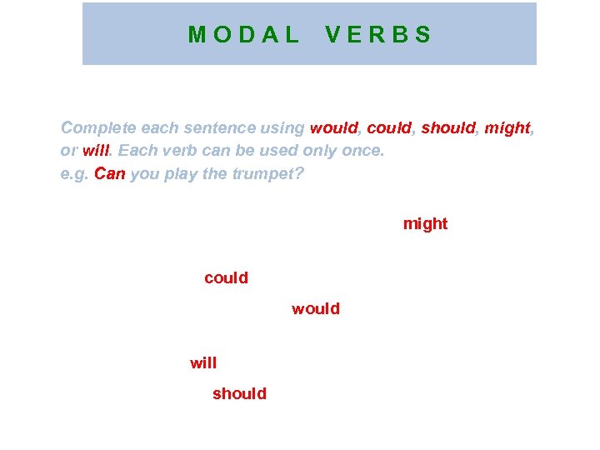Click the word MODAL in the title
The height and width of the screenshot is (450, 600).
click(243, 35)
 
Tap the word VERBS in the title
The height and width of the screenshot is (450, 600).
click(378, 35)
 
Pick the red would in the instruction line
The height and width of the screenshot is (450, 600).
click(333, 128)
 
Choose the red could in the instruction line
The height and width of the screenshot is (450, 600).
click(389, 128)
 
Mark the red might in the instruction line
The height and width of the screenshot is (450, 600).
click(507, 128)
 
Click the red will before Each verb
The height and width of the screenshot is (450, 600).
click(96, 151)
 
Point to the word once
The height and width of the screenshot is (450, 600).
click(364, 151)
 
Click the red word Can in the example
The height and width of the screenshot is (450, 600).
click(109, 173)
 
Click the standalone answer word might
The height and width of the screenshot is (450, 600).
click(425, 223)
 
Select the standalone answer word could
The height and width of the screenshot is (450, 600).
click(226, 277)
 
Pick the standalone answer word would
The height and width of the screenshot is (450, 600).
click(316, 308)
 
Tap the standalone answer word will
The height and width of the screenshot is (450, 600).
click(203, 362)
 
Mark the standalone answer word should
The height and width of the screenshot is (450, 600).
click(239, 393)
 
